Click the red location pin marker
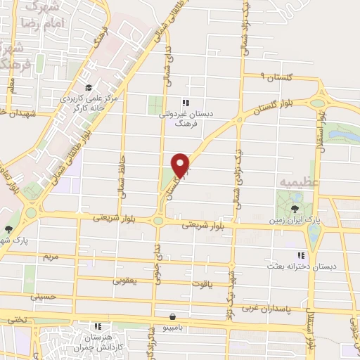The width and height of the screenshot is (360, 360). point(181,165)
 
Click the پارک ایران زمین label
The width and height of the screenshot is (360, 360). point(294,220)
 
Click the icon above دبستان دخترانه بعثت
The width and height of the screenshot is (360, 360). point(300,255)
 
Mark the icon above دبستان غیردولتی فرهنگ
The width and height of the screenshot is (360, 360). point(185,101)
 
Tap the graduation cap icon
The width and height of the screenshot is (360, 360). point(89,86)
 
